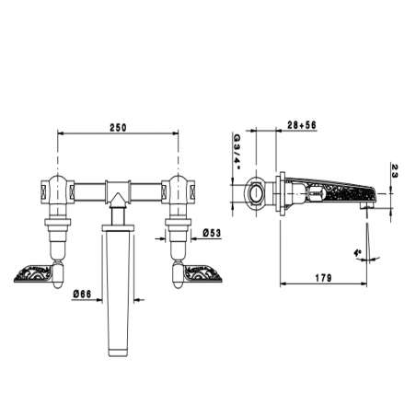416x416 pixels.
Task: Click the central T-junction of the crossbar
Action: [x=118, y=192]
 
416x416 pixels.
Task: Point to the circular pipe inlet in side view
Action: [x=254, y=193]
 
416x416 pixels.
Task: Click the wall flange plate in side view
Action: [x=278, y=193]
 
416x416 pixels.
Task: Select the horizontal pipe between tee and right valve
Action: [x=147, y=192]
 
